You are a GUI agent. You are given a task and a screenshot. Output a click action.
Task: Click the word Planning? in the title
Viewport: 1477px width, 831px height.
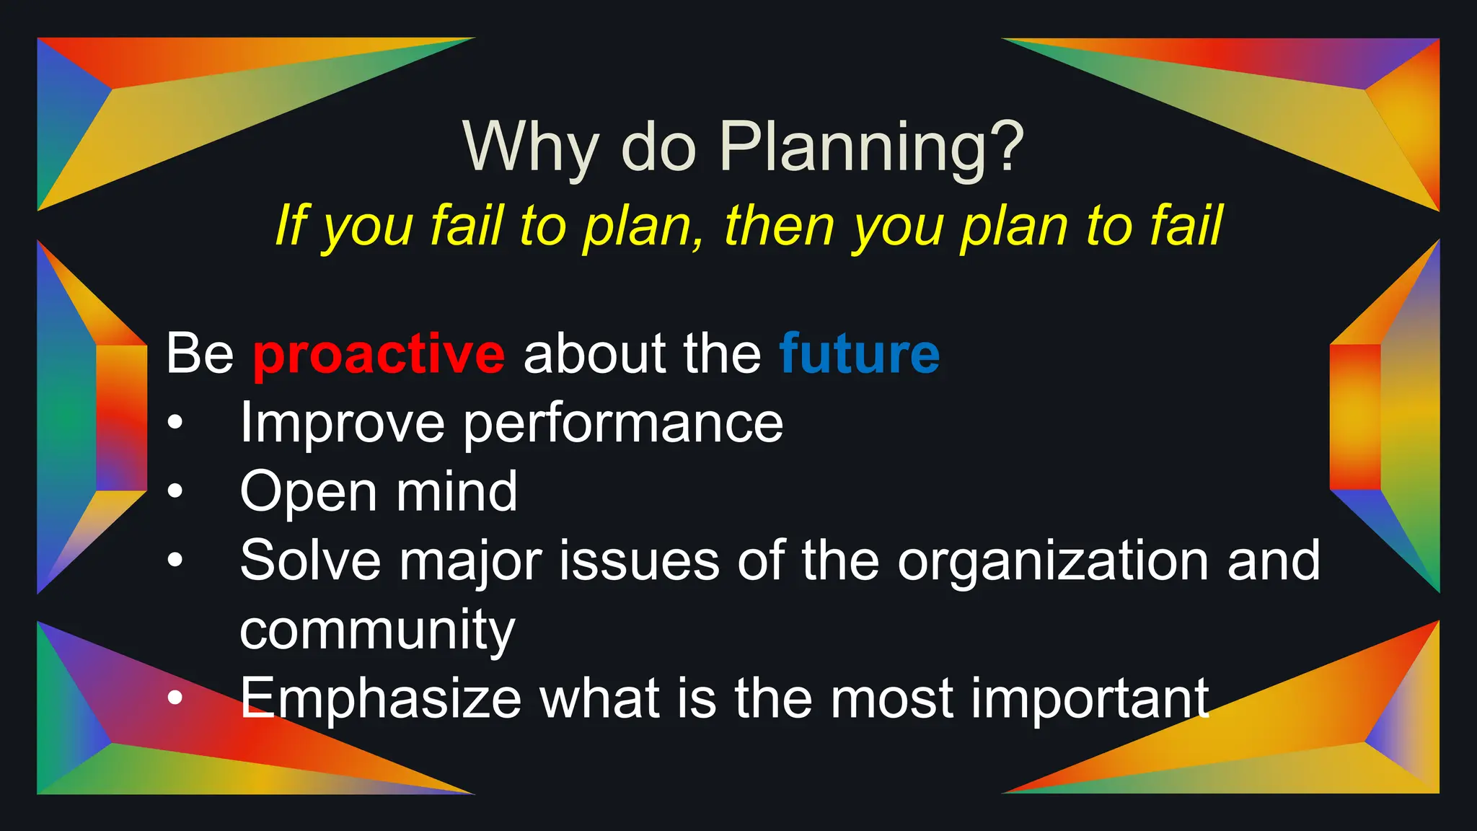[871, 146]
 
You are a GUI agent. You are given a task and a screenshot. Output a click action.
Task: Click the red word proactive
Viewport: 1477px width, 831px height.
[379, 355]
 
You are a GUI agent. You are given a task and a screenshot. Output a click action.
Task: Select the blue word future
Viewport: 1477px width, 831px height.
[859, 353]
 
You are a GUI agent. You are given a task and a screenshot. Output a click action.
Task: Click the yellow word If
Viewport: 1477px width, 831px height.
[291, 226]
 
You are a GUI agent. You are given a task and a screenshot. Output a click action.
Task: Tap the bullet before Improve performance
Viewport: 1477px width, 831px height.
[175, 423]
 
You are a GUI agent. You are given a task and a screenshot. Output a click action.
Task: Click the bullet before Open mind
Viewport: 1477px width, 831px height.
[175, 492]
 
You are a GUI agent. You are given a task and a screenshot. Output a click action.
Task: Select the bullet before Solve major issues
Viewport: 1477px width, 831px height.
[175, 560]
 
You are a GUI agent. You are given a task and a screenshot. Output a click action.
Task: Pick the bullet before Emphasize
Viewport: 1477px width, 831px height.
[175, 698]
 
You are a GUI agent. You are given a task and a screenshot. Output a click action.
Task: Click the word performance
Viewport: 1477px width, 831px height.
[622, 424]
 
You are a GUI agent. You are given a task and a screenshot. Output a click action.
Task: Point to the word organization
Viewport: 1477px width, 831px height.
[1052, 561]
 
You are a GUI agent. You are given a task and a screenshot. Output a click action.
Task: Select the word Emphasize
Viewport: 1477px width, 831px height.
[381, 698]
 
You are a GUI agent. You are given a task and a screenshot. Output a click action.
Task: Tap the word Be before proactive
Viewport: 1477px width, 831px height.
[200, 353]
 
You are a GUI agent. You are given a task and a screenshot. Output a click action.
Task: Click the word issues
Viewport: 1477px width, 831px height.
[639, 561]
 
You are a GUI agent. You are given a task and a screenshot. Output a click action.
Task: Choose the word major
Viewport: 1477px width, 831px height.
[470, 561]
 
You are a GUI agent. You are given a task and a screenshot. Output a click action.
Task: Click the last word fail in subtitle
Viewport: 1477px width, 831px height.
[1186, 226]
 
